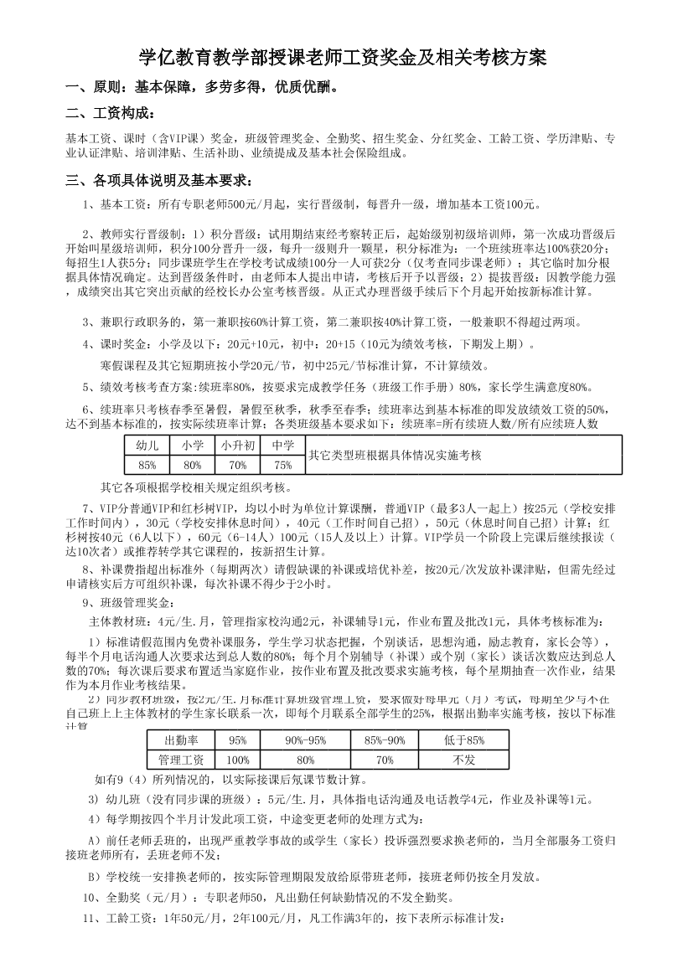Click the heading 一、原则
click(201, 87)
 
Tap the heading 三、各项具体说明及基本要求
click(159, 181)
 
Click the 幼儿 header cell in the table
click(147, 446)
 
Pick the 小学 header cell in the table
click(193, 446)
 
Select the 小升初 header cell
click(238, 446)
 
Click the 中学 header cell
click(283, 446)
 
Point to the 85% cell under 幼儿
click(147, 465)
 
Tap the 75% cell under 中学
click(283, 465)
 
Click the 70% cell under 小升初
click(238, 465)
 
